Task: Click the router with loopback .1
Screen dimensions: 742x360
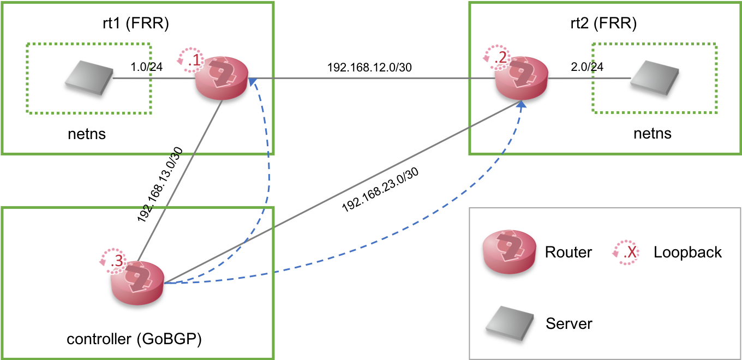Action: click(x=223, y=77)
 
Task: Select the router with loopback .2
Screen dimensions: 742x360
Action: click(x=522, y=78)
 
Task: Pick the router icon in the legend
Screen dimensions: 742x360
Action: click(x=509, y=251)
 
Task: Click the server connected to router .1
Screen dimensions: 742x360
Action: click(x=89, y=77)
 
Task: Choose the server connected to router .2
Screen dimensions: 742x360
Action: click(x=655, y=77)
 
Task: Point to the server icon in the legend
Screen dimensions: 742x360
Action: click(x=510, y=323)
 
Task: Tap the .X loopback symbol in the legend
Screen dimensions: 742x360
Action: click(x=627, y=252)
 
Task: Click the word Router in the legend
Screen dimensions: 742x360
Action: click(x=568, y=252)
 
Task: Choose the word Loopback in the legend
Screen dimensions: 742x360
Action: click(x=687, y=252)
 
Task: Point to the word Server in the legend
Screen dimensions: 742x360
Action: click(x=569, y=323)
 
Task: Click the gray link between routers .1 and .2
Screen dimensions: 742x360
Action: click(x=371, y=79)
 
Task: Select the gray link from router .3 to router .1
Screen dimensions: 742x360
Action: click(x=180, y=180)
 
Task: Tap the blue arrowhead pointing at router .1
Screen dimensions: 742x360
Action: click(x=252, y=82)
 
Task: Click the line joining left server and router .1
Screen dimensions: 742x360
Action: click(x=153, y=78)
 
